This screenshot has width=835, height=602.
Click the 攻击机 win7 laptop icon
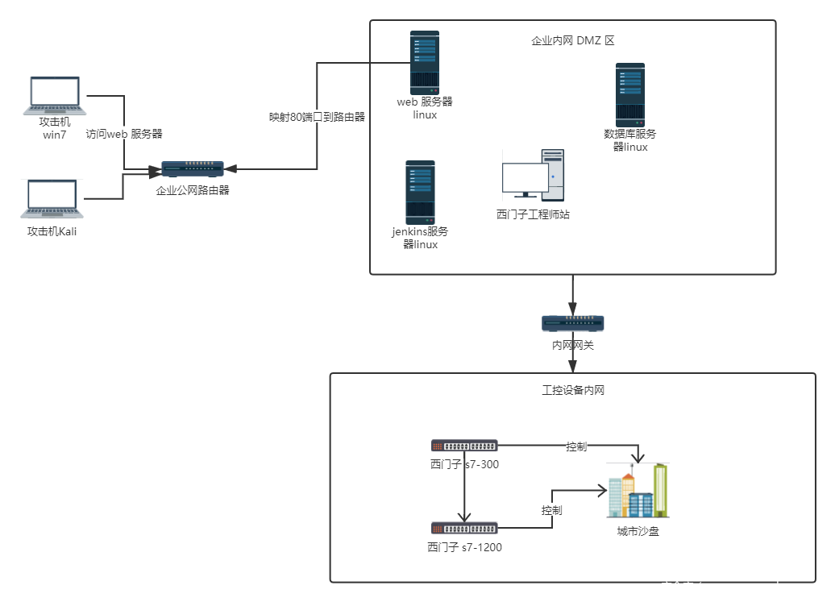pyautogui.click(x=55, y=96)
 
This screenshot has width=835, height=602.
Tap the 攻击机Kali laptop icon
pyautogui.click(x=52, y=199)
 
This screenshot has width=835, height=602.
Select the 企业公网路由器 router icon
pyautogui.click(x=193, y=168)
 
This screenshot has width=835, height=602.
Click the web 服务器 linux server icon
pyautogui.click(x=425, y=63)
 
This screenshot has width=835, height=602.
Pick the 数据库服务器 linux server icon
pyautogui.click(x=630, y=95)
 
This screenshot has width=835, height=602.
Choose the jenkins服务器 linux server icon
pyautogui.click(x=420, y=193)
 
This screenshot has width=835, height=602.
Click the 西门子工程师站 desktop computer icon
pyautogui.click(x=533, y=175)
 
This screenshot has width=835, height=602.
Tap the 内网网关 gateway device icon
pyautogui.click(x=572, y=323)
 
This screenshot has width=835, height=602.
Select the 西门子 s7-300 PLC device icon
pyautogui.click(x=463, y=446)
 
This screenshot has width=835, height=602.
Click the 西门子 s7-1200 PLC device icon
pyautogui.click(x=463, y=528)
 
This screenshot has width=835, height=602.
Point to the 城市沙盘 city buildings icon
pyautogui.click(x=638, y=490)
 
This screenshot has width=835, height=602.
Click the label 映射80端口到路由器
pyautogui.click(x=317, y=117)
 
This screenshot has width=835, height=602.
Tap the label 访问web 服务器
pyautogui.click(x=124, y=134)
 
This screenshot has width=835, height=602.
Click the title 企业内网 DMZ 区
pyautogui.click(x=572, y=40)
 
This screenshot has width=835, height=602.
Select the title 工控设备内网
pyautogui.click(x=573, y=390)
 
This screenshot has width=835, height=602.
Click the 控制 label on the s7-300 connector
pyautogui.click(x=576, y=446)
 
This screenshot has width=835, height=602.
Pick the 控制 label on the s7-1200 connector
pyautogui.click(x=551, y=510)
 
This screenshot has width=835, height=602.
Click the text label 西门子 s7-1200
pyautogui.click(x=464, y=547)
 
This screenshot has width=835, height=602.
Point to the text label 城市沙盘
pyautogui.click(x=638, y=531)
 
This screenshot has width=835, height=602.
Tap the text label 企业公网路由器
pyautogui.click(x=193, y=190)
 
